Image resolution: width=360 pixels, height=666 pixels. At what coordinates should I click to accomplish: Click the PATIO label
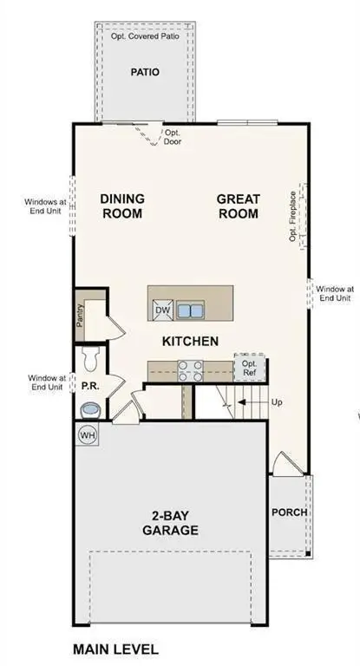(145, 72)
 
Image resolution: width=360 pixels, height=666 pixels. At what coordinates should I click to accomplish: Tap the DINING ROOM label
(122, 206)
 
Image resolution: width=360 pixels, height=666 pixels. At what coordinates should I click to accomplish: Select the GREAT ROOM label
(238, 206)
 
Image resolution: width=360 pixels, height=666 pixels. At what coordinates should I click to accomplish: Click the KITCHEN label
(190, 341)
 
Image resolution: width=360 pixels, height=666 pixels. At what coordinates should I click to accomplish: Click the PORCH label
(290, 512)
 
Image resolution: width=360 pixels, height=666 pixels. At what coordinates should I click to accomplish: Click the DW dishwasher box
(162, 310)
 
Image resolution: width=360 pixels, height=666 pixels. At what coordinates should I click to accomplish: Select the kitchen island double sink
(190, 310)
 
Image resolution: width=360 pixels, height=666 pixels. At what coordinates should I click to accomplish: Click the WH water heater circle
(88, 434)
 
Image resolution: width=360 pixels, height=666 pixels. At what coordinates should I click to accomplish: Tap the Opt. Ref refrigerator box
(249, 368)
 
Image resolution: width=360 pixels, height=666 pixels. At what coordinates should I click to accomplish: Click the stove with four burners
(190, 370)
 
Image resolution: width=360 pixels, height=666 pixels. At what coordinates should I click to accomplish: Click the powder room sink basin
(88, 408)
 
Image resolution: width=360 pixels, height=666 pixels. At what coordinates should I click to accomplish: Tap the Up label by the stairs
(277, 402)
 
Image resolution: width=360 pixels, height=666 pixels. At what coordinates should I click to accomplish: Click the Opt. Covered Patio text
(145, 37)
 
